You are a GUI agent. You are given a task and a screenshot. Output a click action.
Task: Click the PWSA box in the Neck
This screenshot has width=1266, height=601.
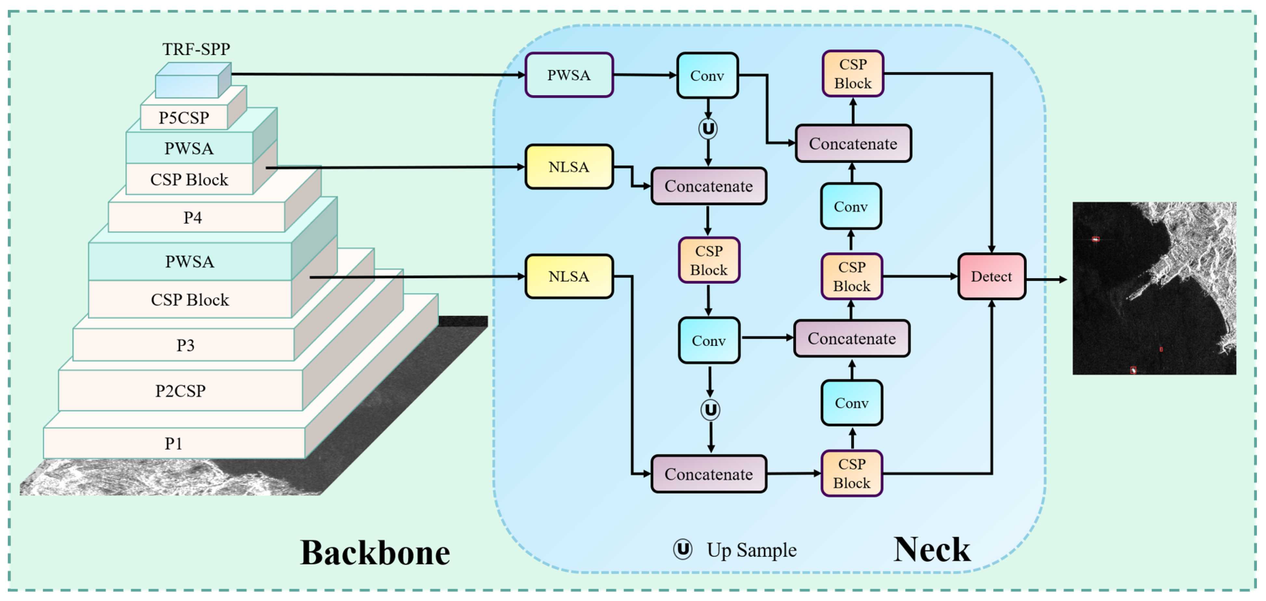569,75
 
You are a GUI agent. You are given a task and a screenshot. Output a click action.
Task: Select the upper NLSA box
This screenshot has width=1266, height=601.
569,167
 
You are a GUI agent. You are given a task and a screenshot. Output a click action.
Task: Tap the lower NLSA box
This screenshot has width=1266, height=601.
569,277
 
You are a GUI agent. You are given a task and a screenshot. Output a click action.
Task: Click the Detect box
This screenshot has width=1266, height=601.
991,277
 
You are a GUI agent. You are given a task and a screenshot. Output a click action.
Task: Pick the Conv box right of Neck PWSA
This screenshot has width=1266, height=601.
707,76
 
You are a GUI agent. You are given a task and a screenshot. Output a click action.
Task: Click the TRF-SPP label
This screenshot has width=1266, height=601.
196,49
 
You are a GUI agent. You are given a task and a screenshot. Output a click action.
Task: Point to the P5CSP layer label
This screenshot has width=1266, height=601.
184,118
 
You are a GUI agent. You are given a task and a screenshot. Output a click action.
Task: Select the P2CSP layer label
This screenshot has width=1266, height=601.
180,391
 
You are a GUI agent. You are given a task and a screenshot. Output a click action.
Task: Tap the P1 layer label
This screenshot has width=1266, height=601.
174,444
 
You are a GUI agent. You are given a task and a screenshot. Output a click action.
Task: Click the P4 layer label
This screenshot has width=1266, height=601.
193,218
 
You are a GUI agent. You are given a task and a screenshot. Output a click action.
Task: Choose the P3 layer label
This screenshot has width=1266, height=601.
185,346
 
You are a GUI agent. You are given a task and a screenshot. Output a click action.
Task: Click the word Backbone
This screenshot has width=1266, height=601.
375,553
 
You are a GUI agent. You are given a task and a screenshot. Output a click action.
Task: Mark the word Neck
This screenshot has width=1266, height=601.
931,549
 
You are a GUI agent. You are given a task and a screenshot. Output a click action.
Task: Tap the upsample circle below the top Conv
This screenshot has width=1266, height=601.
708,129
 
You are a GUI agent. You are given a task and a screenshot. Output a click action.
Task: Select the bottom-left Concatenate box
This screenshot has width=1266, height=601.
708,474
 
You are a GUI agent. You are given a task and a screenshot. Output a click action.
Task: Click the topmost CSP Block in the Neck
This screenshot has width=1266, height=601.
853,74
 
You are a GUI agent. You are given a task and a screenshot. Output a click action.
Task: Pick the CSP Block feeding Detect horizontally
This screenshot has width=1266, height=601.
852,277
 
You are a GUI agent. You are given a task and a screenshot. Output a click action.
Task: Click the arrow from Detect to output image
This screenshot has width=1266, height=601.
1047,280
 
